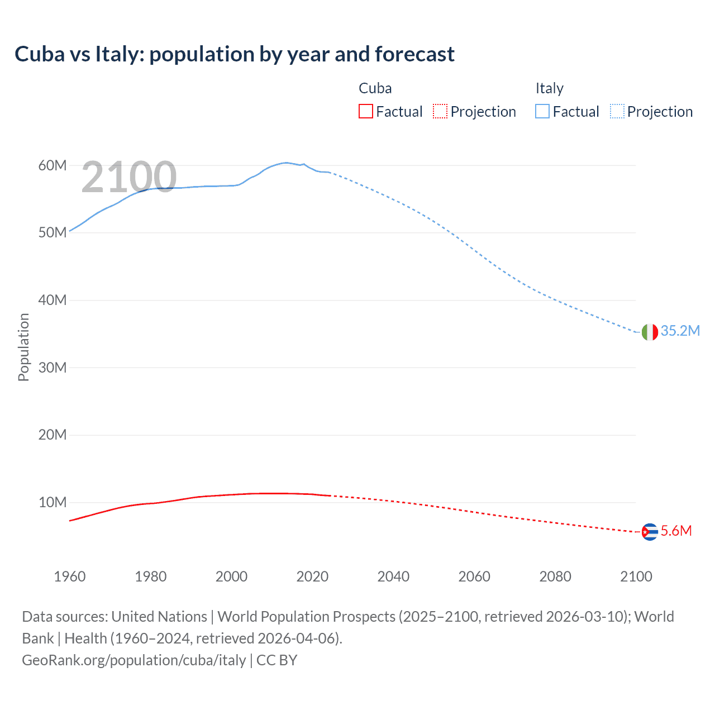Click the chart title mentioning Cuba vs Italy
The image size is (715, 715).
tap(235, 54)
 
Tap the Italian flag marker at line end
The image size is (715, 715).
tap(649, 332)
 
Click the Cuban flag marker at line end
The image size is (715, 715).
tap(649, 532)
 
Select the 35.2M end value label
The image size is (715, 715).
tap(680, 331)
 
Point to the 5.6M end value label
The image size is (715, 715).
tap(676, 531)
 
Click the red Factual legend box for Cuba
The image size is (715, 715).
tap(365, 111)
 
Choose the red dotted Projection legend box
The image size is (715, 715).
tap(440, 111)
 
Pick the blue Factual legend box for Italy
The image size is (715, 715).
tap(542, 111)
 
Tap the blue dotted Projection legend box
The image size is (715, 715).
tap(617, 111)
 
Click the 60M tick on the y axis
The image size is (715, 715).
tap(53, 165)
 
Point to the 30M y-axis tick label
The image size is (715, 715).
tap(53, 368)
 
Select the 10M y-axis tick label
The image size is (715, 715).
tap(53, 502)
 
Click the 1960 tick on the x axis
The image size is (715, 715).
tap(70, 576)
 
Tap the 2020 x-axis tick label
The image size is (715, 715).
tap(312, 576)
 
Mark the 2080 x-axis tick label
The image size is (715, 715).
tap(555, 576)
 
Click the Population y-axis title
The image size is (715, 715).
tap(23, 347)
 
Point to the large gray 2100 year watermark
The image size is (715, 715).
tap(129, 177)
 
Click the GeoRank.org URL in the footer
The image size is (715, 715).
tap(134, 660)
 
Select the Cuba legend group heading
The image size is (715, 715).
tap(375, 88)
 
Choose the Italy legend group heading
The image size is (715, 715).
tap(550, 88)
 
